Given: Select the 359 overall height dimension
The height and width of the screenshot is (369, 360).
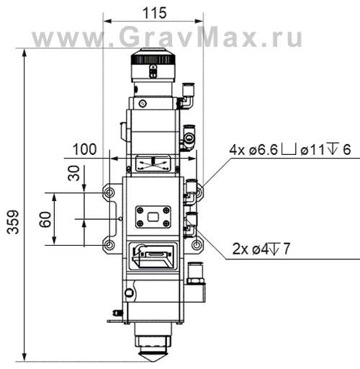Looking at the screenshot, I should [x=11, y=215].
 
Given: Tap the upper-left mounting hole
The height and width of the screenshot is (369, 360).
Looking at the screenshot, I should [x=109, y=193].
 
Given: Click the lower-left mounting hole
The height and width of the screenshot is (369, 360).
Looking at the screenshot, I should [x=109, y=245].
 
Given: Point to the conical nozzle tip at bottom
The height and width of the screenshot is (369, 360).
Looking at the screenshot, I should [x=152, y=356].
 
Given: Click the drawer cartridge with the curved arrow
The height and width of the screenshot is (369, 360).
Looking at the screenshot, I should [x=152, y=254].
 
